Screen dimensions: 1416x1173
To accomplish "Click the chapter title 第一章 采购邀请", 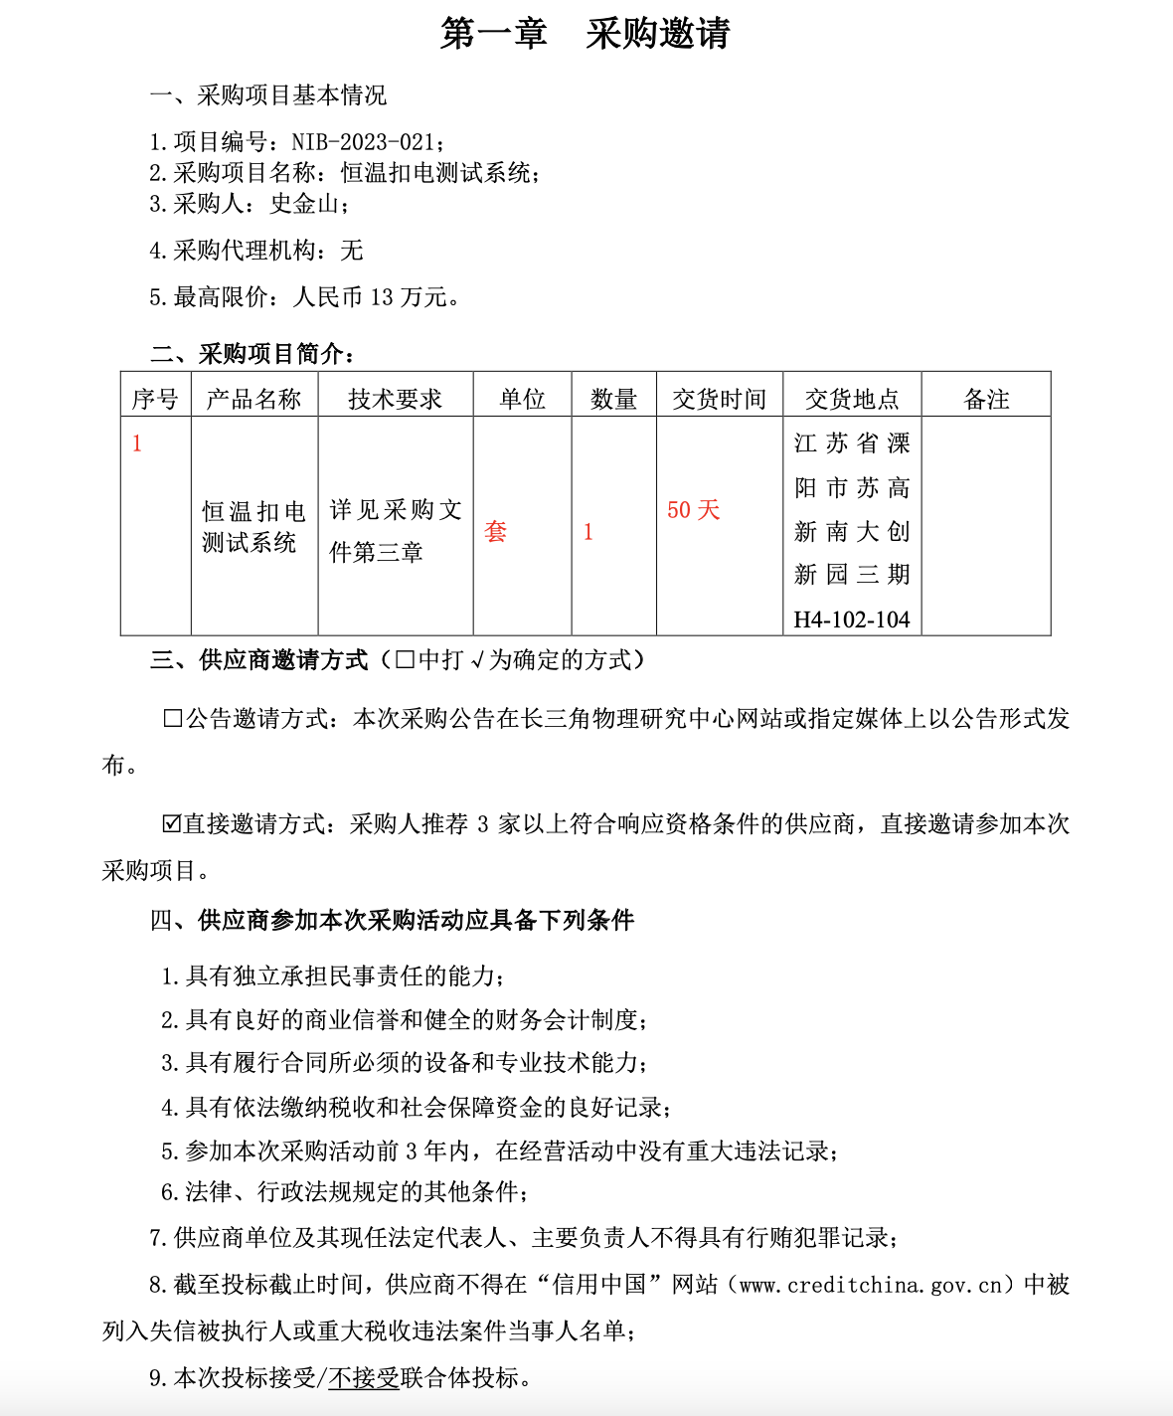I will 586,34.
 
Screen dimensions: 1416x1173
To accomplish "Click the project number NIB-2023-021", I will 363,142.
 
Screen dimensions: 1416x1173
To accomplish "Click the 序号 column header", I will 155,400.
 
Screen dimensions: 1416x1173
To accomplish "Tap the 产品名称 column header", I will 253,400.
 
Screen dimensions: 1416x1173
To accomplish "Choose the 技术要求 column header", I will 395,400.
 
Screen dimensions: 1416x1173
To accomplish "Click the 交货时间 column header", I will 719,400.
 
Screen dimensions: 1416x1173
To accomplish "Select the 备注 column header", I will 986,400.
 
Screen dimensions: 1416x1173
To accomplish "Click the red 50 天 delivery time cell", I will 693,510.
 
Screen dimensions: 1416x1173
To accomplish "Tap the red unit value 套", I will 495,532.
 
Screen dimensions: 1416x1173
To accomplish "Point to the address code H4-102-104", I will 852,620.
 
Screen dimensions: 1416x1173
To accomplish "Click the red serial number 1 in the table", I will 137,443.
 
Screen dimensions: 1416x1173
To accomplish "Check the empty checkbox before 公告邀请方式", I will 172,719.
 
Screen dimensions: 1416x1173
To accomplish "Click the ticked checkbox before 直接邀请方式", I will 172,824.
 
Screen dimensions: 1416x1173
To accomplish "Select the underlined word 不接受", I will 363,1378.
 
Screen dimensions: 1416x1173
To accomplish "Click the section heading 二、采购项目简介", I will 252,354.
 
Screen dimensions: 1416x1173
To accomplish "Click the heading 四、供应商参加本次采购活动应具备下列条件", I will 392,921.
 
